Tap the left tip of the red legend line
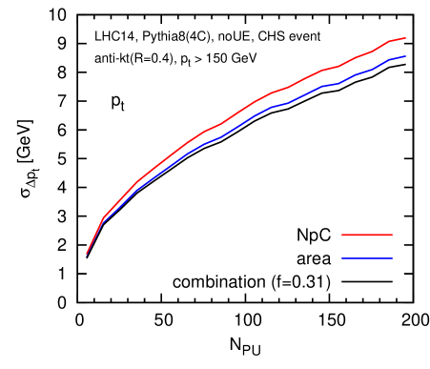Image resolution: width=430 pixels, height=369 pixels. [342, 235]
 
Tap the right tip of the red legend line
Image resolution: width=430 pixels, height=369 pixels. [392, 235]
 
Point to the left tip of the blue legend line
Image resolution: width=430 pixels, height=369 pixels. [342, 258]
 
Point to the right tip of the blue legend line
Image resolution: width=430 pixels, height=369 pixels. [392, 258]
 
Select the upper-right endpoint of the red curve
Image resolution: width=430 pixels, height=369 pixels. [405, 38]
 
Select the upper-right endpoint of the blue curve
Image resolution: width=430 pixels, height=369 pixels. [405, 56]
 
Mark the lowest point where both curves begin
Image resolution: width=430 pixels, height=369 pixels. [86, 256]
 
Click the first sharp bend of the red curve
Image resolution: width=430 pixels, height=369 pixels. [104, 216]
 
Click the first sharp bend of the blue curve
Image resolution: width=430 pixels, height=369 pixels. [104, 222]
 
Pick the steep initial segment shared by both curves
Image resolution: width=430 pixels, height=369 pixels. [94, 237]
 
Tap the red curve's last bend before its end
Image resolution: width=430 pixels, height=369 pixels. [390, 41]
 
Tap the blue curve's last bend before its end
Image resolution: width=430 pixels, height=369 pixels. [390, 59]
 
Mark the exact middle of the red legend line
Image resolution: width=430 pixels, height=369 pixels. [367, 235]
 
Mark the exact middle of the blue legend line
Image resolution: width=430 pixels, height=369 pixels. [367, 258]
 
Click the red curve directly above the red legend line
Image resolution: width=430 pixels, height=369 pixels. [367, 53]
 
